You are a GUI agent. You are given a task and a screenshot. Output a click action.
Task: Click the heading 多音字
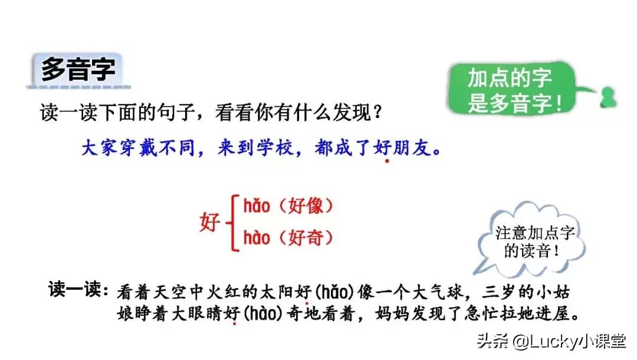(78, 70)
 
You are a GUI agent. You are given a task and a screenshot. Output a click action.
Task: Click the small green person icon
(606, 97)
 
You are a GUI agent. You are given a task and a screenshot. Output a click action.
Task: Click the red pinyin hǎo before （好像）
(257, 206)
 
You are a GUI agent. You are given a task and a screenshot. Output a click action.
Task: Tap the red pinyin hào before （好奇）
(257, 238)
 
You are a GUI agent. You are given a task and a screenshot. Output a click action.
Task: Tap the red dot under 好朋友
(387, 160)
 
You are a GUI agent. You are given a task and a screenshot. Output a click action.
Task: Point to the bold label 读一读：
(77, 290)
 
